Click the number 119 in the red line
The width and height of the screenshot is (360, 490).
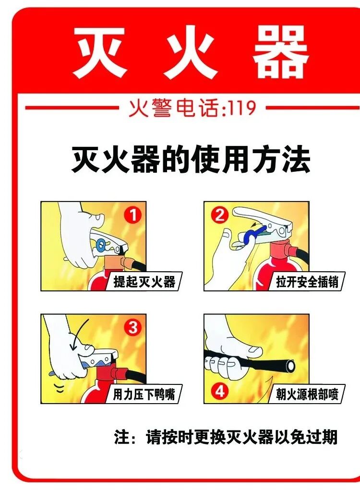coord(242,108)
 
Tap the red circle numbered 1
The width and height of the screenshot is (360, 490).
coord(133,215)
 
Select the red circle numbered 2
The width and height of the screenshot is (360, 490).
coord(220,215)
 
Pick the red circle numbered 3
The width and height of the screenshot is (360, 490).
coord(133,327)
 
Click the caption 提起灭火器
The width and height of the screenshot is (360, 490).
coord(144,282)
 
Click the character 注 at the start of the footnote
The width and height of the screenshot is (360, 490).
coord(121,437)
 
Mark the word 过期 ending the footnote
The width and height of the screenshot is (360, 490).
coord(322,437)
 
